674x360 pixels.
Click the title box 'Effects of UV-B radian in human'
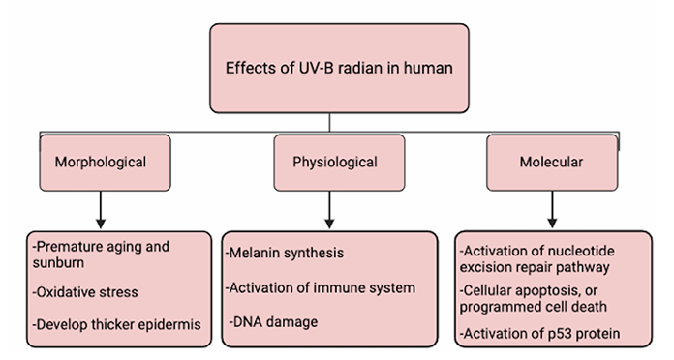click(339, 69)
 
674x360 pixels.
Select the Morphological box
click(105, 163)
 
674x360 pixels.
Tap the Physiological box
click(339, 163)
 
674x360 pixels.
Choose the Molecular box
click(552, 163)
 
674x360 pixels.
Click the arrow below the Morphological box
click(101, 210)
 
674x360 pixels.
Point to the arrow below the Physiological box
click(329, 210)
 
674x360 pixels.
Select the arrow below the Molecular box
click(552, 210)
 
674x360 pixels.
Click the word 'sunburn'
click(58, 262)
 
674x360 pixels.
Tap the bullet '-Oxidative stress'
click(85, 292)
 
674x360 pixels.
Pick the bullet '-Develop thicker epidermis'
click(116, 324)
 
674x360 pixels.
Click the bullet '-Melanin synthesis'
click(285, 253)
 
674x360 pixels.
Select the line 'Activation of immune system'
click(322, 287)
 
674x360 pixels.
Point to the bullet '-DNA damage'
click(273, 321)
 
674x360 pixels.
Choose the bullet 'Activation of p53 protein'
click(541, 333)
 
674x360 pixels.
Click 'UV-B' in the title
click(317, 68)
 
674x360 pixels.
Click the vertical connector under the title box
click(329, 123)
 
